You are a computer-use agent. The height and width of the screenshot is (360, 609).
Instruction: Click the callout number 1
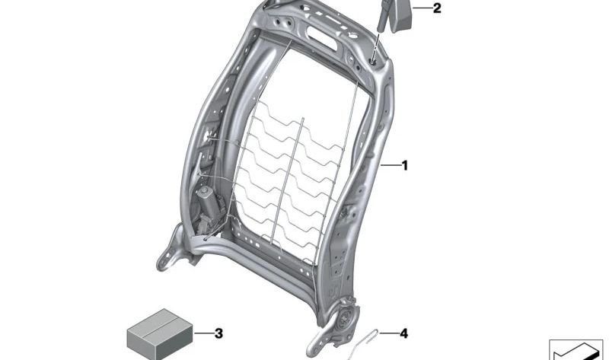(404, 166)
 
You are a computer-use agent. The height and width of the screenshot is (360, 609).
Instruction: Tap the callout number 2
(437, 8)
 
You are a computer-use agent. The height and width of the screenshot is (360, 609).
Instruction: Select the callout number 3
(218, 333)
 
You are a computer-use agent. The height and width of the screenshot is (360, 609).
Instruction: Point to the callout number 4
(404, 333)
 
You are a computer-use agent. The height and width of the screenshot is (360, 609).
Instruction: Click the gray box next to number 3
(160, 334)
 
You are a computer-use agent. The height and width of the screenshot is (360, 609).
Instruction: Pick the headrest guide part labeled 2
(393, 16)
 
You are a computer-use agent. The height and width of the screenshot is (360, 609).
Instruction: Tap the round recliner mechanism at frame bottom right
(344, 317)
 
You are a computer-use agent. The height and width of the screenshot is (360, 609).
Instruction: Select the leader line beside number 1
(390, 166)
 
